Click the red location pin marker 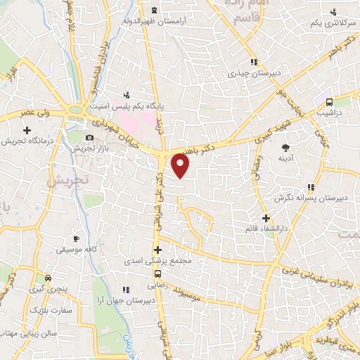point(181,166)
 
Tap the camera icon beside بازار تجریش point(90,138)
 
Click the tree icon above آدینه point(285,148)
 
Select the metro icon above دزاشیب point(328,101)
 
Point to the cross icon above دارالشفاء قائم point(265,219)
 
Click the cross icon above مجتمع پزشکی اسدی point(157,250)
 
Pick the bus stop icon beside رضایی point(157,274)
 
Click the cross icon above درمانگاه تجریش point(27,130)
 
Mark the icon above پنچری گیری point(48,278)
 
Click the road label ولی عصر point(35,112)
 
